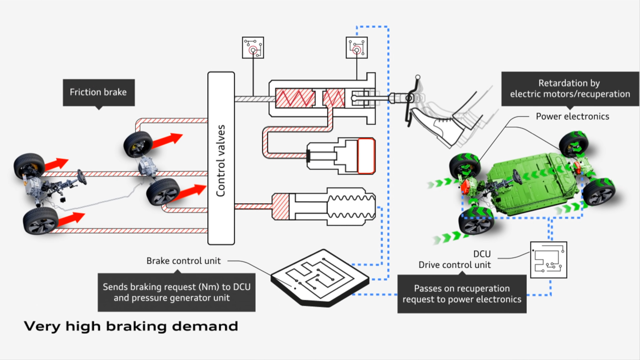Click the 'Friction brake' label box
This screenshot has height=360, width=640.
(99, 92)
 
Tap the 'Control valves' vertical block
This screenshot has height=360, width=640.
(221, 158)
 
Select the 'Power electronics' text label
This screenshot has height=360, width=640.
(572, 116)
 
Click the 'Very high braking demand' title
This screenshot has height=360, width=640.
(131, 326)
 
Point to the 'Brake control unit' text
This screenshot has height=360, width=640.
(183, 261)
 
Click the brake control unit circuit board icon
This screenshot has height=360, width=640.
(319, 277)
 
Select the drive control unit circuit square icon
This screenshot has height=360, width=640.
(548, 260)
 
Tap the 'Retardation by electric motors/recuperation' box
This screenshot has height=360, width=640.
(570, 89)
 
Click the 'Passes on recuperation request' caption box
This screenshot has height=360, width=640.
(462, 294)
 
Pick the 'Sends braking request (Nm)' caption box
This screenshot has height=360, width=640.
(176, 292)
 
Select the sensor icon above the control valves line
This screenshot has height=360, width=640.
(253, 48)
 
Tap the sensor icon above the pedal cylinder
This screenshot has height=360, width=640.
(357, 48)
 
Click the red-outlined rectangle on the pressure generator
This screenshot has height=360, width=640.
(366, 156)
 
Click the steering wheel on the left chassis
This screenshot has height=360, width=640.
(82, 177)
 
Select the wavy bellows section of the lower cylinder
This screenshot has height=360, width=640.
(351, 207)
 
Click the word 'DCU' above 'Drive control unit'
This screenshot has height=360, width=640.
(482, 254)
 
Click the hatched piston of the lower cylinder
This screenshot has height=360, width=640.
(280, 207)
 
